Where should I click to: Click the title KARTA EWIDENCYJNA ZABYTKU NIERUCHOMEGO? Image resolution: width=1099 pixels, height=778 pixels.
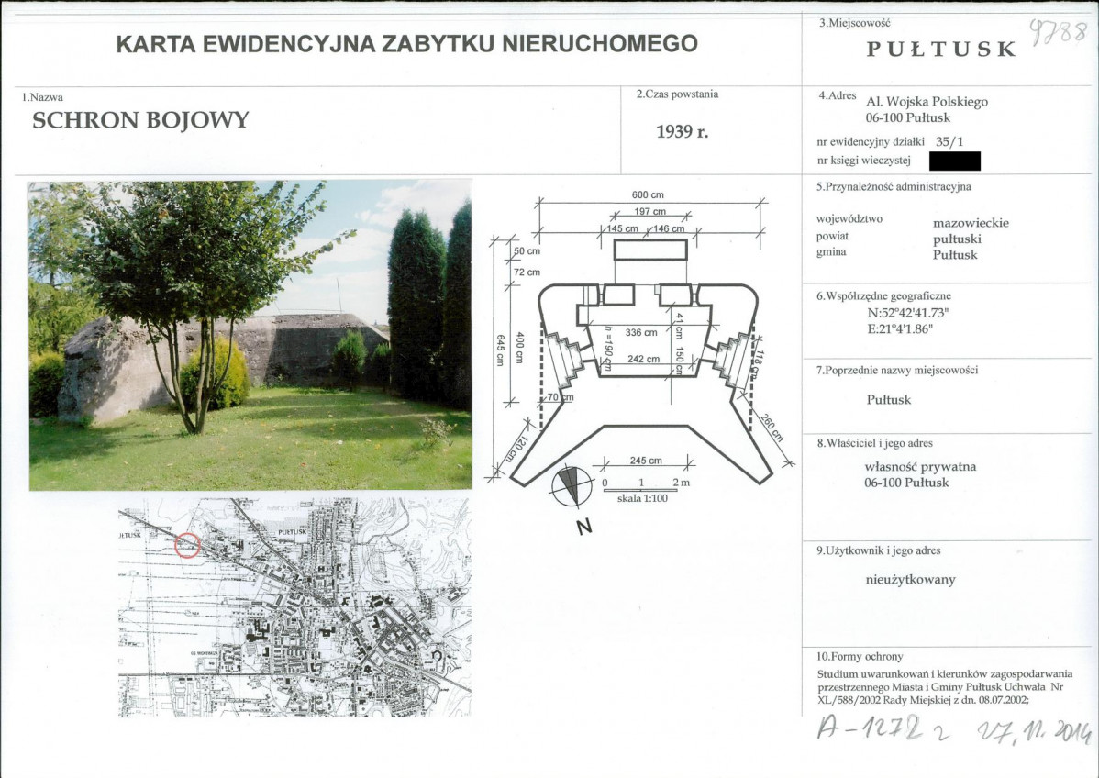(x=406, y=43)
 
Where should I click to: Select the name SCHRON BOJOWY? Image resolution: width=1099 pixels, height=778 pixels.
(x=140, y=121)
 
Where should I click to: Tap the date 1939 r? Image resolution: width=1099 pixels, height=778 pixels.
(x=683, y=131)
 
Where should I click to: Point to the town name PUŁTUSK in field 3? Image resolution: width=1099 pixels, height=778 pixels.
(x=941, y=50)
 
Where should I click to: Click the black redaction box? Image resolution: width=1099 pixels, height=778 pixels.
(x=954, y=161)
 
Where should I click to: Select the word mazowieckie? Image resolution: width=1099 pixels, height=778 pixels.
(x=971, y=222)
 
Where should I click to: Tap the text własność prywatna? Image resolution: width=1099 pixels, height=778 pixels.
(x=920, y=466)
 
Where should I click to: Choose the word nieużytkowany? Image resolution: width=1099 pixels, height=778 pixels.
(x=911, y=579)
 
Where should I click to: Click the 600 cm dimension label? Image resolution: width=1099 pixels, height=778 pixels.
(x=648, y=194)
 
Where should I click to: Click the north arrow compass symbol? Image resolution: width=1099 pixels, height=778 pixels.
(x=569, y=486)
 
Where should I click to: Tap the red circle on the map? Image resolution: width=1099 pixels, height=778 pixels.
(x=187, y=545)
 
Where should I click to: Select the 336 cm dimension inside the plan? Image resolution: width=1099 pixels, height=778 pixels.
(x=641, y=332)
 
